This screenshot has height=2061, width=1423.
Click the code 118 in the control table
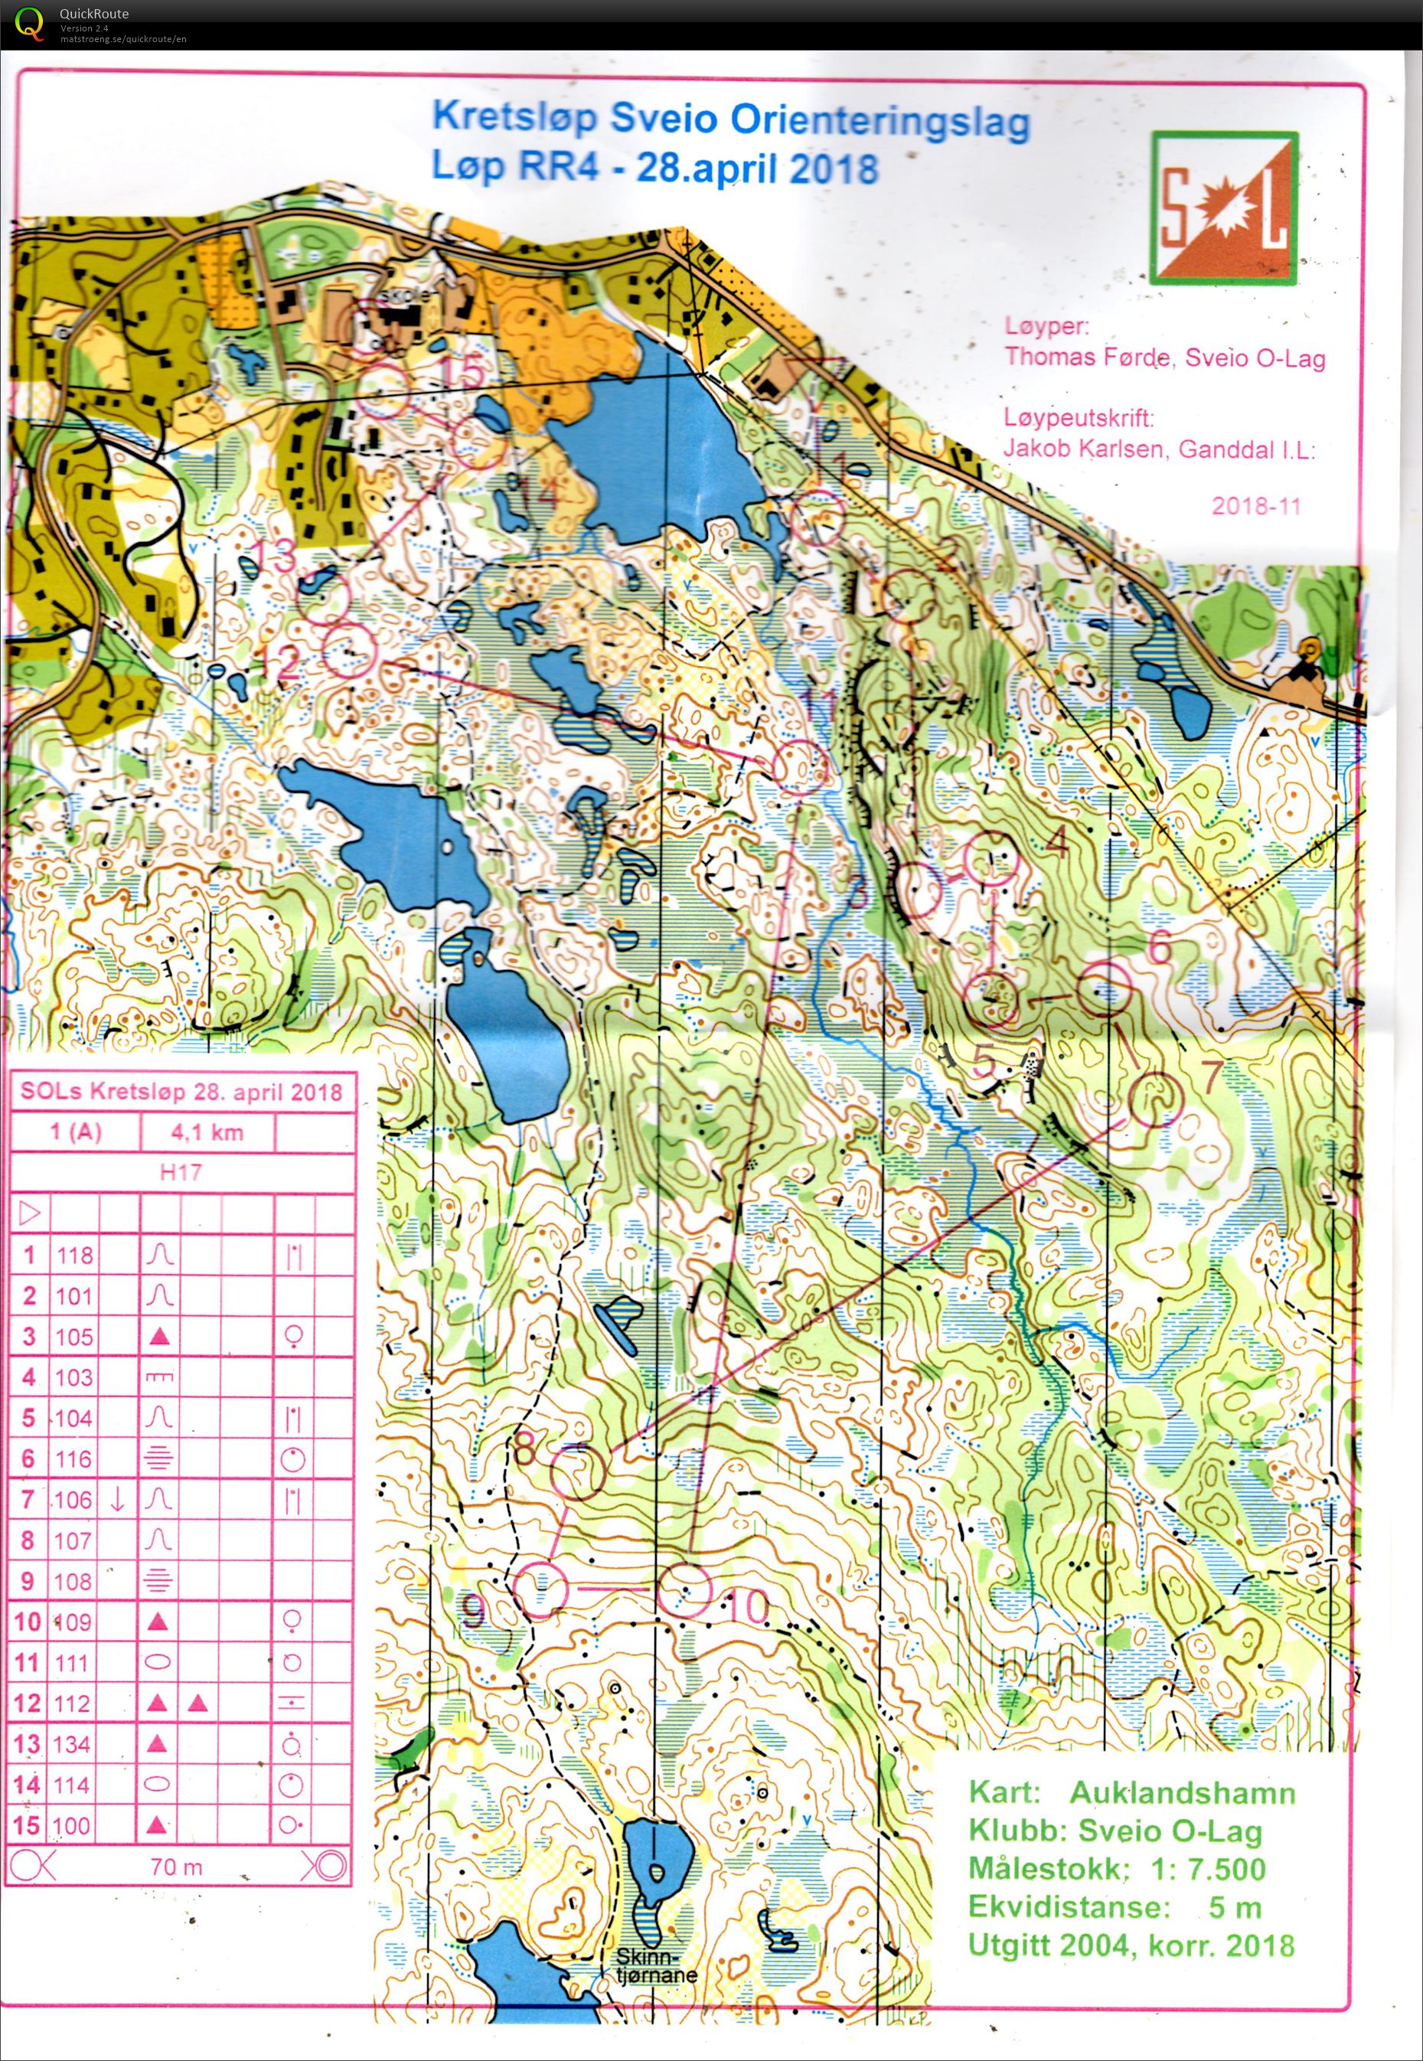click(x=74, y=1256)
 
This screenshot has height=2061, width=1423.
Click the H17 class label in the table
click(x=180, y=1173)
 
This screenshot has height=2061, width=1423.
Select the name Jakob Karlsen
click(x=1082, y=449)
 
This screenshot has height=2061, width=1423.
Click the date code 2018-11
click(x=1255, y=507)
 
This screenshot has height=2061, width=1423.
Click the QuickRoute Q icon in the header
click(x=29, y=21)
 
